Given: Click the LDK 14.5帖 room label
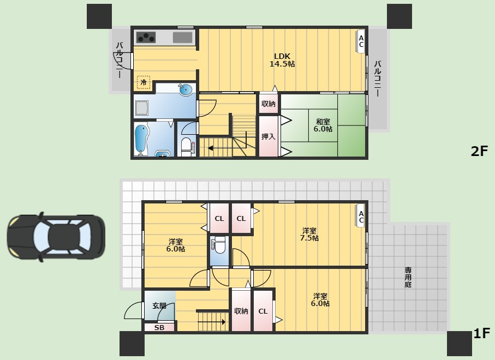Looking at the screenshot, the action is coord(282,60).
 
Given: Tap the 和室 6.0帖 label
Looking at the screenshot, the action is coord(323,125).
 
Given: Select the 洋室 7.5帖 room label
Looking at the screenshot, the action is coord(309,234).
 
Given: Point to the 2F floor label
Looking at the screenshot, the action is coord(479,152).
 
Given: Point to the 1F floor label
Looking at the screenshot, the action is coord(481,333).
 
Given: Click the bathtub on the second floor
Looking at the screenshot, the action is coord(141,140).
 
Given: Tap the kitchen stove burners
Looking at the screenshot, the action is coord(146,38).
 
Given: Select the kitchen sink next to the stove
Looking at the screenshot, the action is coord(182,38).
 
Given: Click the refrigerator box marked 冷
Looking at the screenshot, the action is coord(144,82).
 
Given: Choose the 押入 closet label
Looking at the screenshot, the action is coord(269,136).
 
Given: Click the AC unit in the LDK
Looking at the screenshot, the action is coord(361,41).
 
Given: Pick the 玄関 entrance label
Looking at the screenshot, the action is coord(159,305).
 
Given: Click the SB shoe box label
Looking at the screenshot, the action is coord(159,327).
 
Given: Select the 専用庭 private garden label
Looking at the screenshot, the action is coord(408,277).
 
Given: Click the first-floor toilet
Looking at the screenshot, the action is coord(219,245).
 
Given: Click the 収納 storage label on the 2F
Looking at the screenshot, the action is coord(269,104).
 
